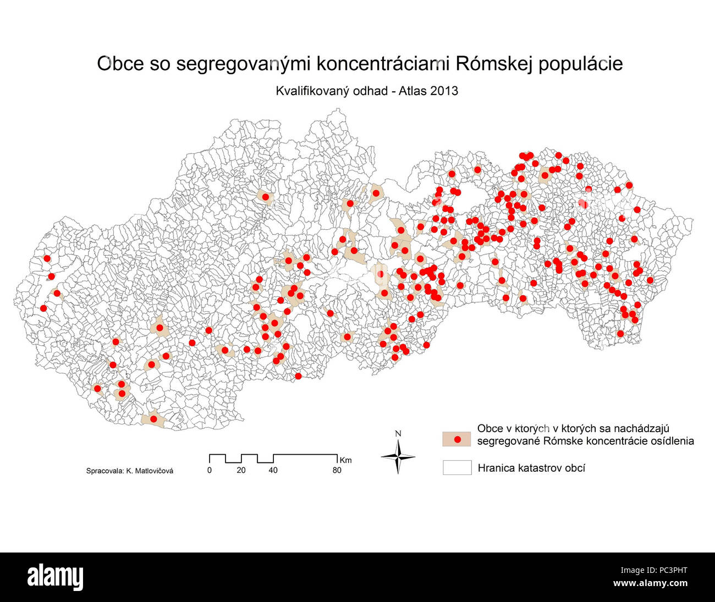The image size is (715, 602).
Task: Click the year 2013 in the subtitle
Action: (444, 91)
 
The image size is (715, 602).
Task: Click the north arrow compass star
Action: (398, 456)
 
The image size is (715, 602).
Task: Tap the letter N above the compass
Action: (398, 434)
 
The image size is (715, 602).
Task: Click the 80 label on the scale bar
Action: (337, 471)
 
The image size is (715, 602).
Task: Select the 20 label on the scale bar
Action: (241, 471)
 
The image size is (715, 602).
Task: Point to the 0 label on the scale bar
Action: (209, 471)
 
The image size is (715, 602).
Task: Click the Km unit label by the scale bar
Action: (345, 460)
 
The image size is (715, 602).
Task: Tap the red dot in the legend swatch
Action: (457, 439)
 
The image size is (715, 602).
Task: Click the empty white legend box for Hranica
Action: (457, 467)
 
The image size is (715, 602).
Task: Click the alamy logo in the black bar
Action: (56, 577)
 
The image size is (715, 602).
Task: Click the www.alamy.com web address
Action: (650, 583)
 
